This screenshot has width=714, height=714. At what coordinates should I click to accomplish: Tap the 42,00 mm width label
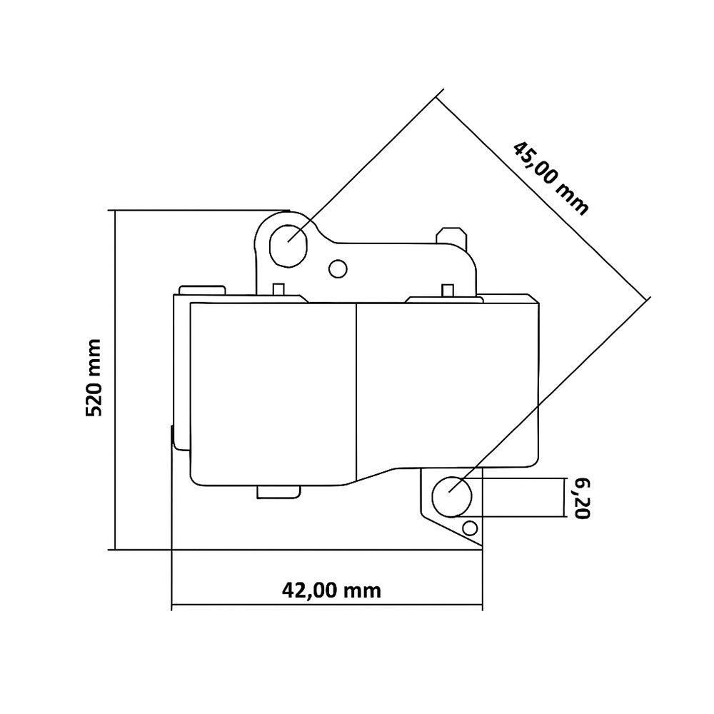click(x=331, y=590)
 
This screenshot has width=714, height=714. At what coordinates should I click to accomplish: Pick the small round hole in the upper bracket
click(x=337, y=268)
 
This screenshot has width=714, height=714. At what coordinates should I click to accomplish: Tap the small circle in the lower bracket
click(x=469, y=528)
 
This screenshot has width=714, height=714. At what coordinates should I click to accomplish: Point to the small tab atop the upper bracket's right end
click(x=451, y=234)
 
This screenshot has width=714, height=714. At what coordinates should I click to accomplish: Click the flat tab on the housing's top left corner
click(x=202, y=289)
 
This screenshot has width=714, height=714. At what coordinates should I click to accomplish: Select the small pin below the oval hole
click(x=279, y=289)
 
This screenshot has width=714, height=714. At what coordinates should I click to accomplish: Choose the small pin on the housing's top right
click(x=448, y=289)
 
